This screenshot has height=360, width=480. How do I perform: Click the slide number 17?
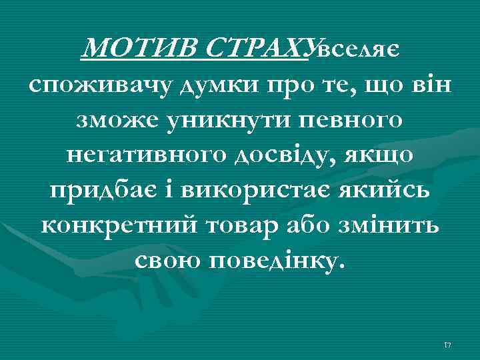(x=447, y=345)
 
